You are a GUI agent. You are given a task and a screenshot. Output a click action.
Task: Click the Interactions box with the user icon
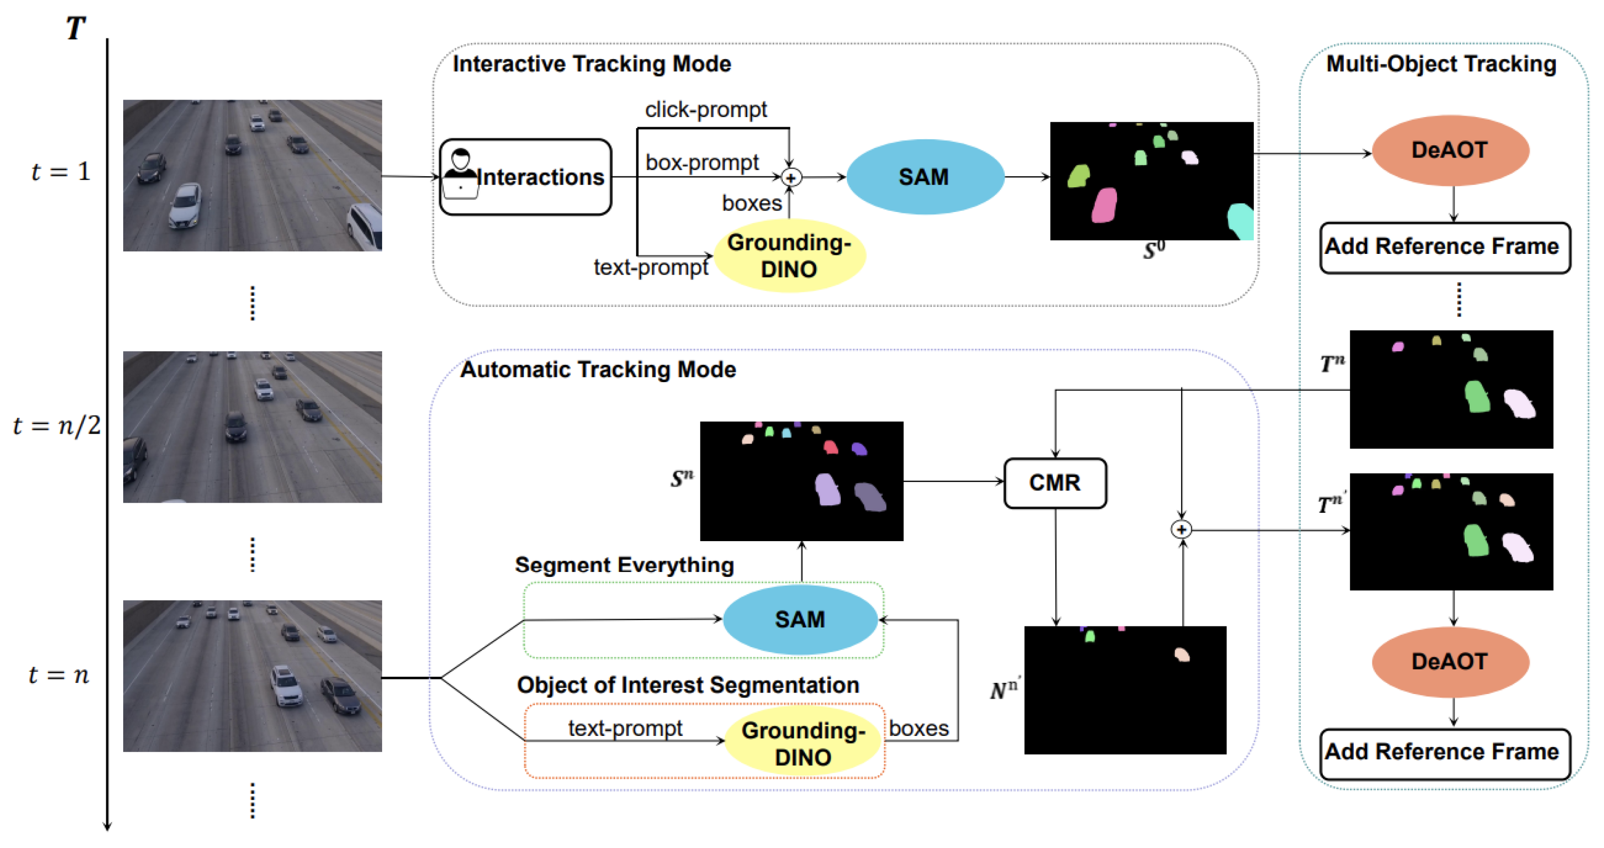pos(525,178)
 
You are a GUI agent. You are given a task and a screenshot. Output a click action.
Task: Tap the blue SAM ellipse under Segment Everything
pos(800,619)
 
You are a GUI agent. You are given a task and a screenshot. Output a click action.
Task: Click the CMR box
pos(1055,483)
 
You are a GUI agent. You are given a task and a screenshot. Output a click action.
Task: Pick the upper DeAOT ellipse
pos(1450,150)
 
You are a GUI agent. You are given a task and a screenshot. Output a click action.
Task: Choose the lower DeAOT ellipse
pos(1450,662)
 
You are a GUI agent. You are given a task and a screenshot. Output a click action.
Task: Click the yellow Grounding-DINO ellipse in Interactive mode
pos(789,256)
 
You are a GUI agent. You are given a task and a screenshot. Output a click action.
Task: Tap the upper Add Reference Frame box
pos(1444,247)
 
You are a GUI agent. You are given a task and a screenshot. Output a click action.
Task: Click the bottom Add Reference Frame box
pos(1444,753)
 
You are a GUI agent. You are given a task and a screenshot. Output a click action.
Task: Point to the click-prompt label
pos(706,110)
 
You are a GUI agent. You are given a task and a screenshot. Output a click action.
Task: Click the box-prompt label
pos(702,163)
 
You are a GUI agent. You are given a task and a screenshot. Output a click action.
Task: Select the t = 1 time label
pos(61,171)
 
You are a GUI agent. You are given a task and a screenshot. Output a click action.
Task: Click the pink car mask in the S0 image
pos(1104,205)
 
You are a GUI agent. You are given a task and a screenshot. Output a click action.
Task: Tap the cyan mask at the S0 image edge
pos(1241,221)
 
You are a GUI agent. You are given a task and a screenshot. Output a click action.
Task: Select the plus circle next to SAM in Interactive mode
pos(791,178)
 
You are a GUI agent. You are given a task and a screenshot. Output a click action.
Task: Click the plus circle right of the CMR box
pos(1181,530)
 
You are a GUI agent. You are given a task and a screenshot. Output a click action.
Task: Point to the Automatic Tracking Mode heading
pos(597,370)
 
